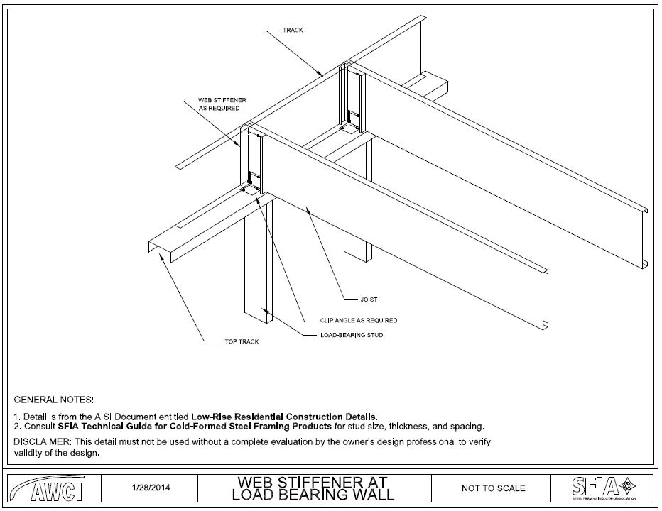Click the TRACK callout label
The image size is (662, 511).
(x=293, y=31)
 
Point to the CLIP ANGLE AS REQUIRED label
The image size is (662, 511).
(x=349, y=321)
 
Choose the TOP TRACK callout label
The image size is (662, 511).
(x=242, y=342)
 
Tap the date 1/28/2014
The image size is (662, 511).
(x=151, y=488)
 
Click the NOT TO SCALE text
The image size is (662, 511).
(x=494, y=488)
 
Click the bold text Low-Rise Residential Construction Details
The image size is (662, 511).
(x=284, y=417)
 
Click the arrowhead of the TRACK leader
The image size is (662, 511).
(x=324, y=75)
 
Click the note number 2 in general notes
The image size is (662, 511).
(x=17, y=427)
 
